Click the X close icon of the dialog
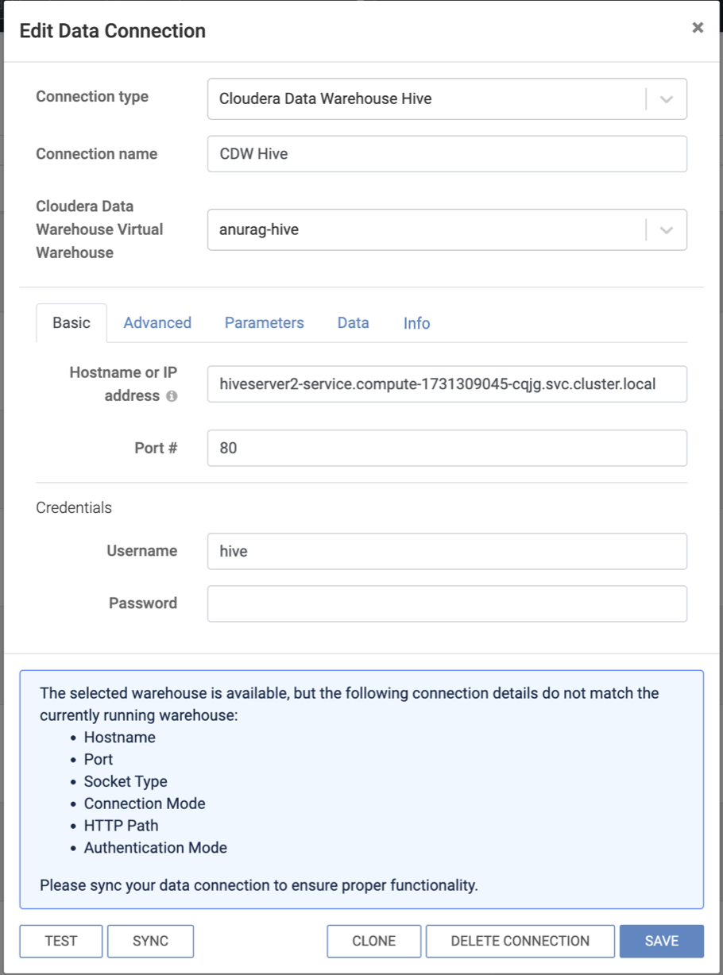(698, 28)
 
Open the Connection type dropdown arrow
(667, 99)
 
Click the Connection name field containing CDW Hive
(447, 154)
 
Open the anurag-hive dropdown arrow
(667, 230)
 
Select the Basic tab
(72, 323)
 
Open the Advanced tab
(157, 323)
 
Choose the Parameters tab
(264, 323)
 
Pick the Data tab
(353, 323)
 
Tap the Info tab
(416, 323)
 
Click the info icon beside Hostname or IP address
(172, 396)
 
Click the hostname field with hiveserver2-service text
(447, 384)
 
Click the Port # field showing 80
(447, 449)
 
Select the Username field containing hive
(447, 551)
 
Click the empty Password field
(447, 603)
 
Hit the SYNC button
(150, 941)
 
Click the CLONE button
(373, 941)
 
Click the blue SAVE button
(661, 941)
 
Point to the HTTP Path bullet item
(121, 826)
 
